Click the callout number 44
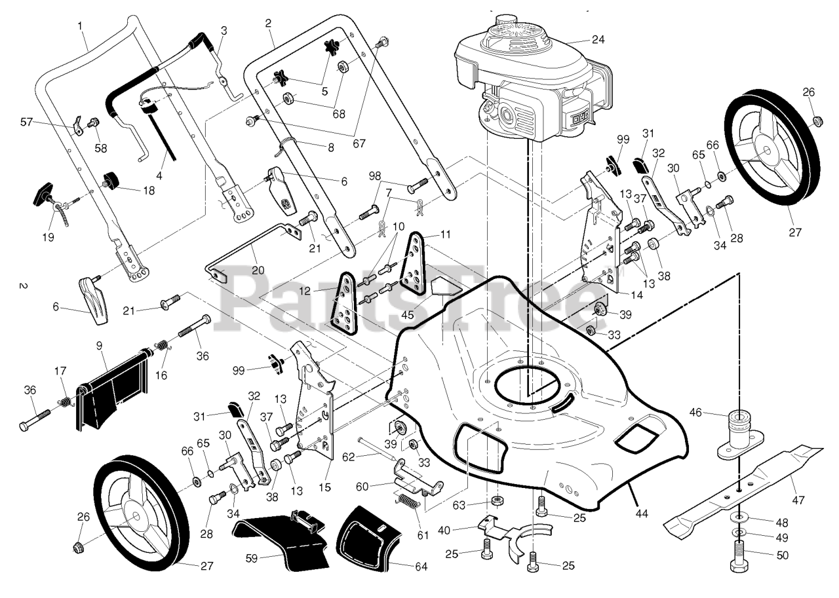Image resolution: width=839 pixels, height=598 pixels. (641, 514)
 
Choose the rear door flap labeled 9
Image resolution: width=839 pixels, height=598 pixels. (111, 390)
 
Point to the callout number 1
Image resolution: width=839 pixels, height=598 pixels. (80, 26)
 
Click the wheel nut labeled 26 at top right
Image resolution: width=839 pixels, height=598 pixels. (817, 121)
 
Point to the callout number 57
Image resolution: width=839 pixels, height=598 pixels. (44, 122)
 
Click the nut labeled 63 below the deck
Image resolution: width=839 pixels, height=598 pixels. (497, 502)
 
